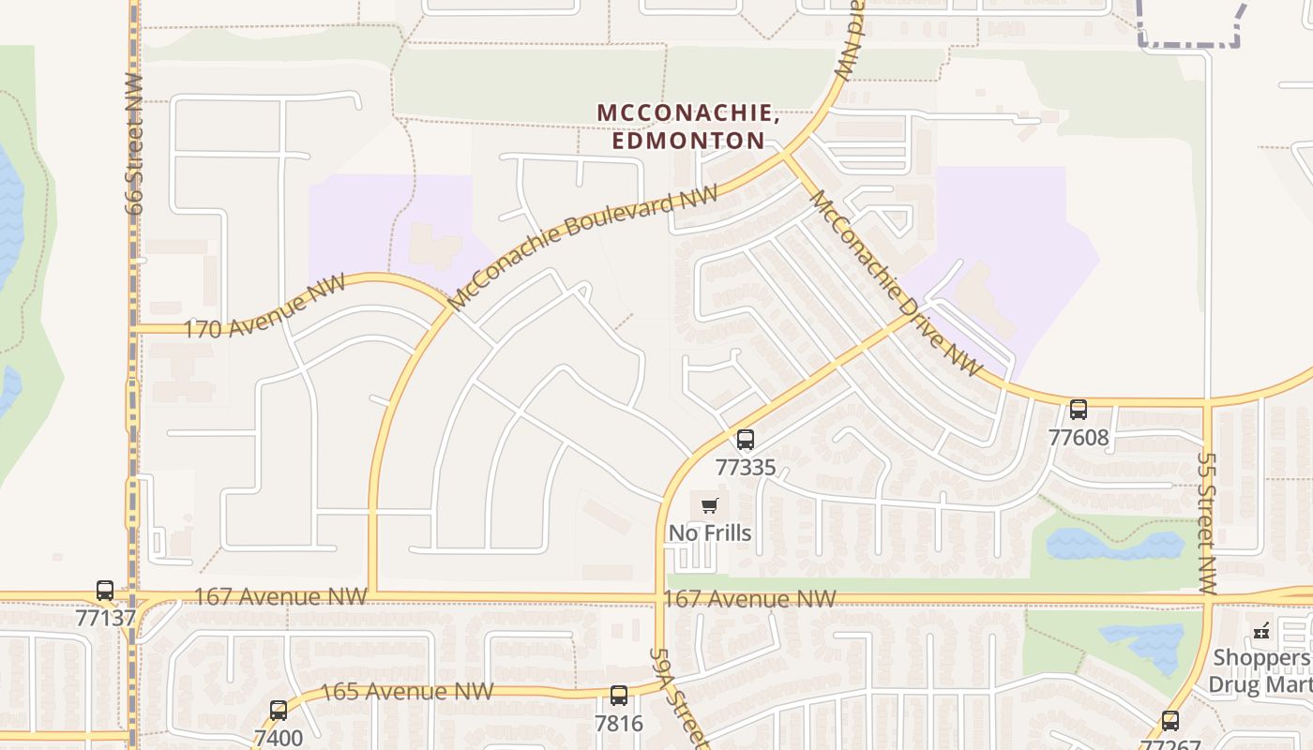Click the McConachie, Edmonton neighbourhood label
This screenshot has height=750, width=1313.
(x=688, y=127)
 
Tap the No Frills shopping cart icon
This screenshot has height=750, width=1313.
(x=710, y=506)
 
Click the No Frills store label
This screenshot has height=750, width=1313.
(x=710, y=533)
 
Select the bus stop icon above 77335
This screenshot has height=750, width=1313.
(x=746, y=439)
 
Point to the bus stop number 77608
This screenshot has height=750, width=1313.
(x=1079, y=437)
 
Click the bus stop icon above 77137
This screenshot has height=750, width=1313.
(x=105, y=591)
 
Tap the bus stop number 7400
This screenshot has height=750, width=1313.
(x=279, y=737)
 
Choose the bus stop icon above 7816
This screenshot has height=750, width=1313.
(x=619, y=696)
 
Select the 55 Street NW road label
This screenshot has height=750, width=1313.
(x=1207, y=523)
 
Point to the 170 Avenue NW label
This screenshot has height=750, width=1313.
(x=264, y=307)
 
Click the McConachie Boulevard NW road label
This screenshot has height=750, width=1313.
(x=583, y=247)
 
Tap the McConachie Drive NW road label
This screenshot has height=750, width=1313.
(x=895, y=282)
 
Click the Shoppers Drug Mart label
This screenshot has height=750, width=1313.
(x=1260, y=670)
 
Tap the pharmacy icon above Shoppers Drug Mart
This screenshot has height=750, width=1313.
(x=1261, y=630)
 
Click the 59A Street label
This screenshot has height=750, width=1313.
(x=676, y=696)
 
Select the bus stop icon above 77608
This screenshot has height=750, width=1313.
(x=1079, y=410)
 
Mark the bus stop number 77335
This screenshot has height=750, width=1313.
(x=746, y=467)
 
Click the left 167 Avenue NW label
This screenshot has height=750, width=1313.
(x=280, y=597)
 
